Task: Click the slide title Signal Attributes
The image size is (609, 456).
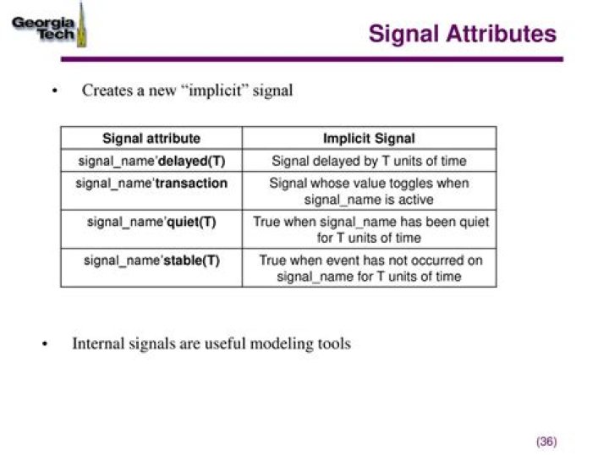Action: click(463, 34)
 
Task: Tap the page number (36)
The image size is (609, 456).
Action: click(546, 442)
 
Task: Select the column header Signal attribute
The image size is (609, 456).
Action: click(151, 138)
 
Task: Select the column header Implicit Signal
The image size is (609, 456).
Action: click(369, 138)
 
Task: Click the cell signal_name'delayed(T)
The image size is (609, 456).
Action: click(151, 161)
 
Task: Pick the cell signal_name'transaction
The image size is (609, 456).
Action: click(151, 183)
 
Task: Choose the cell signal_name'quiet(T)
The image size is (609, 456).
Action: click(151, 222)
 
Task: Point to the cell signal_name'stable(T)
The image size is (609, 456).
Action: click(151, 260)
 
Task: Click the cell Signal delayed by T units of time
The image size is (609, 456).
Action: click(369, 161)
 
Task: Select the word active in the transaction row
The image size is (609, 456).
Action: click(414, 200)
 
